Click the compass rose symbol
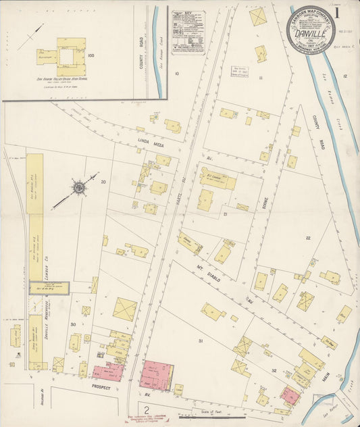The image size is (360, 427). (78, 186)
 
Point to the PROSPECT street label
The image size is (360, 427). (101, 388)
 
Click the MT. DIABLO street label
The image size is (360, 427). (210, 271)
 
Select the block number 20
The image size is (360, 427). (103, 181)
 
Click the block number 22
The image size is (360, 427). (307, 238)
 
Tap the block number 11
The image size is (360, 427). (259, 78)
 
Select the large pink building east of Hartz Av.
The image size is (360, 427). (156, 375)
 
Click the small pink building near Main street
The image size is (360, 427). (290, 396)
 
